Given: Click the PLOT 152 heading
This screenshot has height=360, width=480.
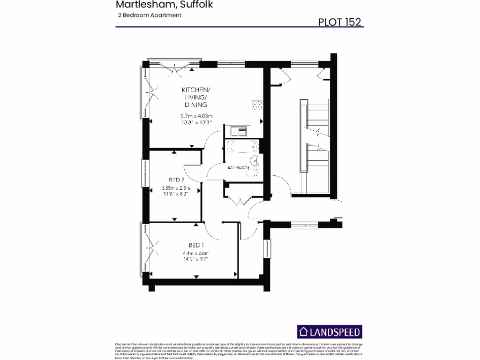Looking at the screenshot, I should pyautogui.click(x=339, y=22).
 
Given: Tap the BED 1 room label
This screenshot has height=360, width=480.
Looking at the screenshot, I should pyautogui.click(x=196, y=245).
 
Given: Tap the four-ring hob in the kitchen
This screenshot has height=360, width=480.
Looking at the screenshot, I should pyautogui.click(x=257, y=105).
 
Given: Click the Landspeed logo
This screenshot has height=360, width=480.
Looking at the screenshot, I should pyautogui.click(x=330, y=332).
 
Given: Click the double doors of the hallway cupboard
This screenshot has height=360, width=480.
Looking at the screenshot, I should pyautogui.click(x=240, y=202).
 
